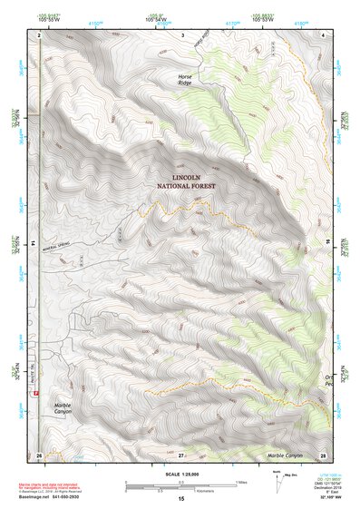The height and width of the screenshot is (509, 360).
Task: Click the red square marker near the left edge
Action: click(x=37, y=394)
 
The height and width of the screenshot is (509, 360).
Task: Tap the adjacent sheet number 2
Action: click(x=40, y=34)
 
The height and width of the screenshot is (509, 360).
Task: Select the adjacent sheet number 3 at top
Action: click(x=182, y=34)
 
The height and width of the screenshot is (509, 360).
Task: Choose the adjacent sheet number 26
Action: click(x=39, y=454)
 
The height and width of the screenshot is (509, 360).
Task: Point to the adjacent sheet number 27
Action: click(x=181, y=454)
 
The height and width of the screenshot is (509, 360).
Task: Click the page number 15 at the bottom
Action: click(x=180, y=498)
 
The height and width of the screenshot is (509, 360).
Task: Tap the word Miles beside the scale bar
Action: click(x=241, y=481)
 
